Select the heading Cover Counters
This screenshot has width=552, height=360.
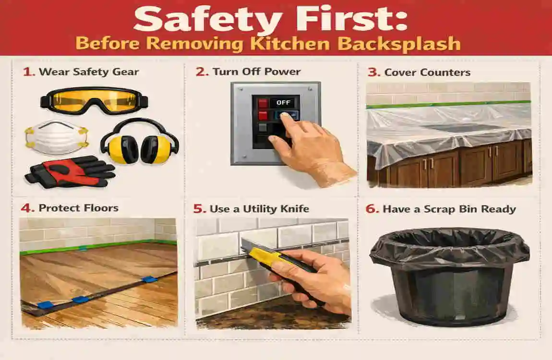[427, 73]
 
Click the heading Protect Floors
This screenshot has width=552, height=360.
[78, 208]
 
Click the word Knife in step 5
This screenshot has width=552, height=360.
[294, 209]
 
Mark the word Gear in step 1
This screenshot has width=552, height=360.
[127, 72]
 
